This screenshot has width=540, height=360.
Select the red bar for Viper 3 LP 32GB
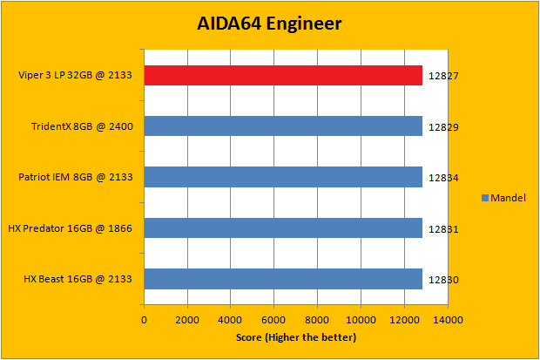tap(283, 76)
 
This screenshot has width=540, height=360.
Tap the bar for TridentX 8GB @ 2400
tap(283, 126)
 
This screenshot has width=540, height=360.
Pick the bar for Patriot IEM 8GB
tap(283, 177)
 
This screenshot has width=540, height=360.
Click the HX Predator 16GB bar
tap(283, 228)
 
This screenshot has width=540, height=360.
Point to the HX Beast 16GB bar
tap(283, 279)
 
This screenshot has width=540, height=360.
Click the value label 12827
tap(443, 76)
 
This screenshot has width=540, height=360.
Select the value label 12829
tap(443, 127)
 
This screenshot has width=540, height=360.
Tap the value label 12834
tap(443, 178)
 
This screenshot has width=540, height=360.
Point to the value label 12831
tap(443, 229)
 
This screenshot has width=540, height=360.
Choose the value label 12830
tap(443, 280)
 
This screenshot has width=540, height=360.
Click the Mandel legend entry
tap(504, 198)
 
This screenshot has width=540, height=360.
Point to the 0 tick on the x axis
tap(145, 320)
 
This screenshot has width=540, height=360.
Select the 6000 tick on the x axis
tap(274, 320)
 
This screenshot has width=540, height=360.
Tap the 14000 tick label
tap(448, 320)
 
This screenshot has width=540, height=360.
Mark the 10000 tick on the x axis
tap(361, 320)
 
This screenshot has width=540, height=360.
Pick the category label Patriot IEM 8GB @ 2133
tap(76, 178)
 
